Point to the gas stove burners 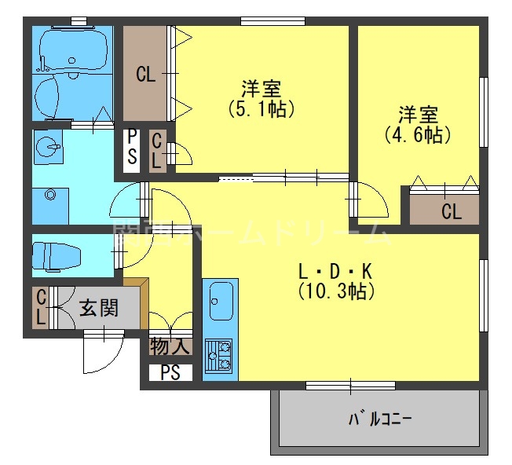220,356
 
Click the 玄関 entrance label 98,307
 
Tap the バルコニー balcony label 379,418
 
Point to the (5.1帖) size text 261,108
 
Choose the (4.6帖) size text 417,134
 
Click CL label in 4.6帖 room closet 450,211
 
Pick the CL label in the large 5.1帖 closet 145,75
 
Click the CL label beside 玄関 40,307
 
